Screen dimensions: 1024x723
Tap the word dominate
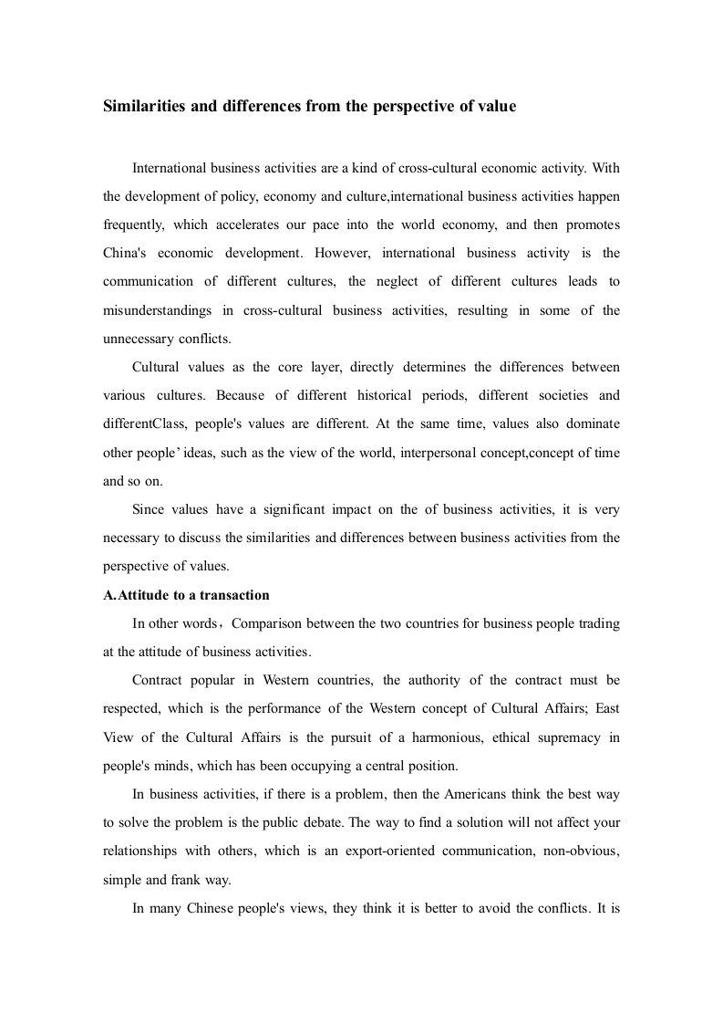[x=594, y=424]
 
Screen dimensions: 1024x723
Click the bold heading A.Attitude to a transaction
[x=186, y=595]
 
